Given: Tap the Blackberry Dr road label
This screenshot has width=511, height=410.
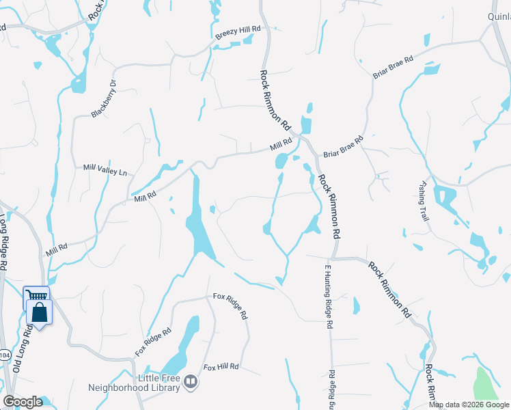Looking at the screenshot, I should pyautogui.click(x=105, y=99).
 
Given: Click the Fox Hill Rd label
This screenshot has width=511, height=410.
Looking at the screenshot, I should pyautogui.click(x=220, y=367).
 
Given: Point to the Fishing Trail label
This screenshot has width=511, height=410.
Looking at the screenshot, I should pyautogui.click(x=425, y=201).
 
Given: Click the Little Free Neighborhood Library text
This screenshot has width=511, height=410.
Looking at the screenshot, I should pyautogui.click(x=134, y=383).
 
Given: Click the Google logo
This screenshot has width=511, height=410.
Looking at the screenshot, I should pyautogui.click(x=23, y=401).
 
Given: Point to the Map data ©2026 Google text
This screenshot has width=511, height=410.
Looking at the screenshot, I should pyautogui.click(x=468, y=405).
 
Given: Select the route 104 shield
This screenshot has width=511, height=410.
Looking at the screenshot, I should pyautogui.click(x=4, y=355).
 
